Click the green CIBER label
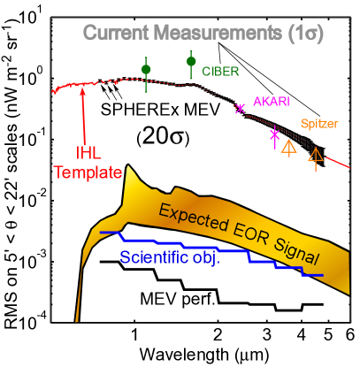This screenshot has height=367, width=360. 221,69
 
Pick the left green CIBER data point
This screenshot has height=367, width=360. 146,69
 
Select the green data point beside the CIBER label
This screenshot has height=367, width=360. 191,62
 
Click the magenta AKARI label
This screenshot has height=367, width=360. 272,101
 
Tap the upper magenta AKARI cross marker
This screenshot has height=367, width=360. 240,109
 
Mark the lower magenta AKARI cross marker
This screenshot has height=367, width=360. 274,134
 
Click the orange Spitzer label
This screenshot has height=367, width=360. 319,124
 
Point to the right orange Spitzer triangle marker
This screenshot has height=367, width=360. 315,156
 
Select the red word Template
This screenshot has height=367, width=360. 87,173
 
